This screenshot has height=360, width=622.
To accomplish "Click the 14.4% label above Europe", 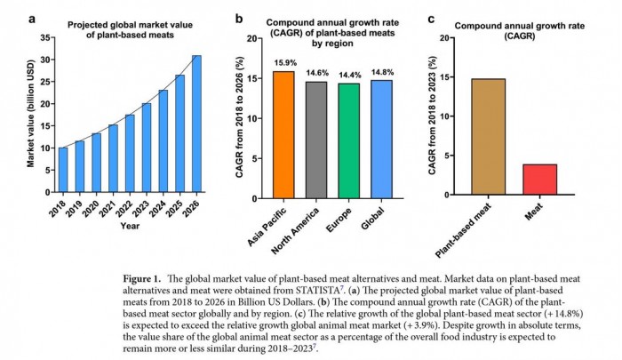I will tap(348, 75).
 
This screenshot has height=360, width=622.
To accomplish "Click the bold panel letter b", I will tap(239, 17).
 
